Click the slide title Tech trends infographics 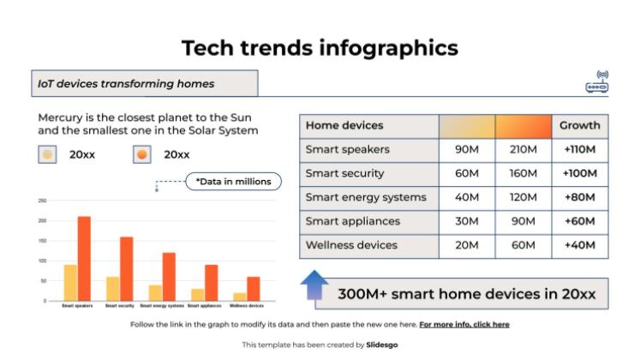[x=320, y=48]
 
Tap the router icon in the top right [x=597, y=82]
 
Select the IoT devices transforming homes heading [x=126, y=84]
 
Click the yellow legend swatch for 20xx [x=48, y=155]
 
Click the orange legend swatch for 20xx [x=142, y=155]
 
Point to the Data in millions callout [x=233, y=181]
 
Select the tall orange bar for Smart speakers [x=84, y=258]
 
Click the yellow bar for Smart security [x=113, y=289]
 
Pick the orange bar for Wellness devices [x=253, y=289]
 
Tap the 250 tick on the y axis [x=41, y=201]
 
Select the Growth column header [x=579, y=126]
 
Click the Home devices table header [x=344, y=126]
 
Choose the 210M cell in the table [x=523, y=150]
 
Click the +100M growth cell [x=579, y=174]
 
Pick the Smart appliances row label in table [x=352, y=221]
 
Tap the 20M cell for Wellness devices [x=467, y=245]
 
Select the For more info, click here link [x=464, y=325]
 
